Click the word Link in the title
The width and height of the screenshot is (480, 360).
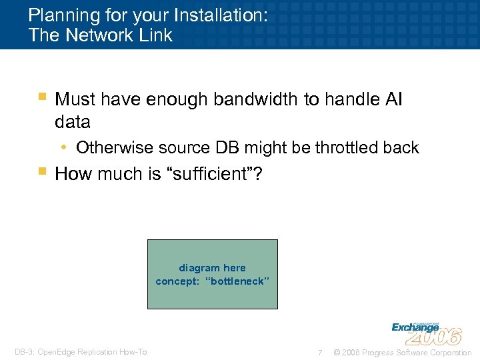point(157,35)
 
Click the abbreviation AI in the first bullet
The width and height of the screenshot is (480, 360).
point(393,99)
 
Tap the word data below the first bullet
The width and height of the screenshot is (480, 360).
point(73,123)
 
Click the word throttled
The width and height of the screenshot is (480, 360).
point(342,147)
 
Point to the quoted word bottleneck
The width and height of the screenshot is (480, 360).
point(239,281)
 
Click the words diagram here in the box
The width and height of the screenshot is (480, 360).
point(212,268)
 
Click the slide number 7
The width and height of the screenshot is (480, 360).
point(320,353)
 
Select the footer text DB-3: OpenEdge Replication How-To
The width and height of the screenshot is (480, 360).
point(81,353)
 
